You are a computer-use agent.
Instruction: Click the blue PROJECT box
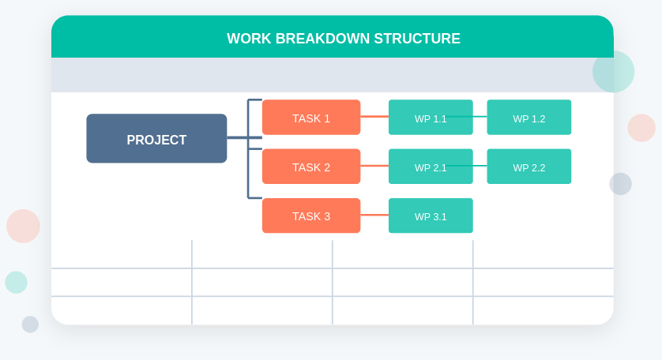tap(156, 139)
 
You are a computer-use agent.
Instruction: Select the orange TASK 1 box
tap(311, 118)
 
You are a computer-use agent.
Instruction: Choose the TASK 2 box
tap(311, 167)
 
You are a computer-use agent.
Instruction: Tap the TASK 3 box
tap(311, 216)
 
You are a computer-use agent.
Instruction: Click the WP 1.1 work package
tap(431, 118)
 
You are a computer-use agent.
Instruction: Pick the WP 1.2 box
tap(528, 118)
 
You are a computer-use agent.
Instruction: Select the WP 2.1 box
tap(431, 167)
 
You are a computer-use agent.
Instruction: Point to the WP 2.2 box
tap(528, 167)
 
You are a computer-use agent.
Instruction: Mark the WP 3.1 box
tap(431, 216)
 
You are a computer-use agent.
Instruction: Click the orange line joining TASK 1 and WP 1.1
tap(374, 117)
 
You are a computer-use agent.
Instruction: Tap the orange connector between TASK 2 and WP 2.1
tap(374, 166)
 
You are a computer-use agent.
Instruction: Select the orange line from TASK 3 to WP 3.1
tap(374, 215)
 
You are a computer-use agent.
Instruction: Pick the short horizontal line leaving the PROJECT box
tap(237, 138)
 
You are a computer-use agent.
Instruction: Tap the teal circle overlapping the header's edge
tap(614, 72)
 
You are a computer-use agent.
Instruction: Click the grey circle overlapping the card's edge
tap(620, 184)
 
